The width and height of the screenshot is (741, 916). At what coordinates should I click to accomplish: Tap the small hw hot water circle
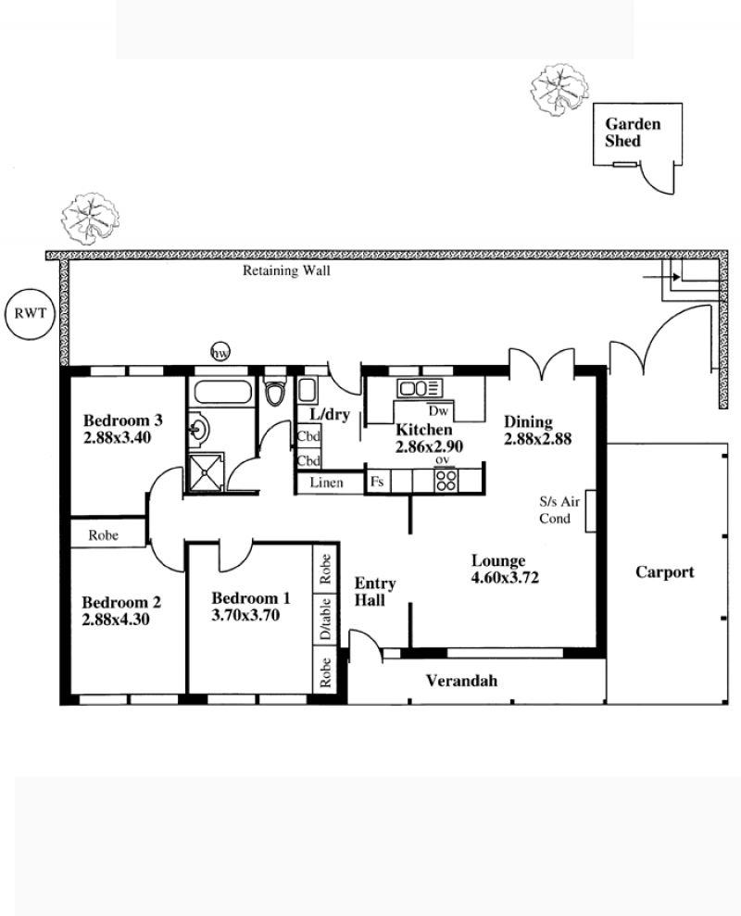click(220, 352)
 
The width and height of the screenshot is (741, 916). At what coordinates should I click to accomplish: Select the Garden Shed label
click(633, 132)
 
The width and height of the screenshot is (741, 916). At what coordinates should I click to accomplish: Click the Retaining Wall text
click(286, 270)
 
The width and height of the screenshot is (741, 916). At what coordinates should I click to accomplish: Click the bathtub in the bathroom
click(222, 392)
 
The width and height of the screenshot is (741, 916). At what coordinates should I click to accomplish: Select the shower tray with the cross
click(205, 471)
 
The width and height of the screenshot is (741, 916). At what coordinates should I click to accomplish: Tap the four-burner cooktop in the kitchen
click(446, 480)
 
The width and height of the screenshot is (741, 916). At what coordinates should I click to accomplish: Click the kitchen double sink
click(420, 387)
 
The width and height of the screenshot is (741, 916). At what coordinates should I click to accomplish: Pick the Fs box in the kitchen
click(378, 482)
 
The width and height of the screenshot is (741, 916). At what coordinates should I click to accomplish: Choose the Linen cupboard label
click(327, 483)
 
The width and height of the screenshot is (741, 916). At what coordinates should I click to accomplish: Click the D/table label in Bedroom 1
click(326, 619)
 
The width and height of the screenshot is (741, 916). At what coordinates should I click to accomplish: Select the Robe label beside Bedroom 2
click(104, 535)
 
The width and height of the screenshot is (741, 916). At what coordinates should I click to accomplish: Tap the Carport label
click(665, 571)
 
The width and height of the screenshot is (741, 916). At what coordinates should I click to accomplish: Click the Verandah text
click(461, 681)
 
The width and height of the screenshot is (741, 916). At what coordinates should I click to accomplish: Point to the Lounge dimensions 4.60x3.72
click(505, 578)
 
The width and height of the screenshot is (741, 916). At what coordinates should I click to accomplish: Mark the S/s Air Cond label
click(559, 509)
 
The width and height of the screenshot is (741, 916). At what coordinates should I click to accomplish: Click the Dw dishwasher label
click(438, 411)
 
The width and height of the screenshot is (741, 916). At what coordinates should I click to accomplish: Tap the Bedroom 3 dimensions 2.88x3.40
click(117, 437)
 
